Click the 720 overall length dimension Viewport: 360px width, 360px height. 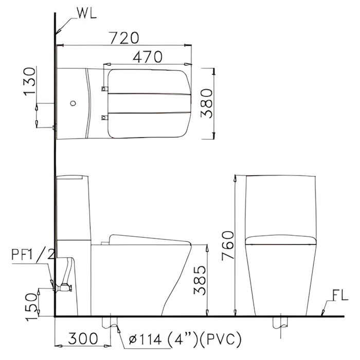[x=124, y=38]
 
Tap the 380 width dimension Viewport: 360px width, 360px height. [x=207, y=103]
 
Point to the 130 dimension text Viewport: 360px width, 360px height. [x=30, y=81]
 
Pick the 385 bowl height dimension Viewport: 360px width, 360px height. [x=200, y=280]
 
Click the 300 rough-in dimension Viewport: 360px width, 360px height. [x=83, y=338]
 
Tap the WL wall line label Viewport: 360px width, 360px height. [x=87, y=13]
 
